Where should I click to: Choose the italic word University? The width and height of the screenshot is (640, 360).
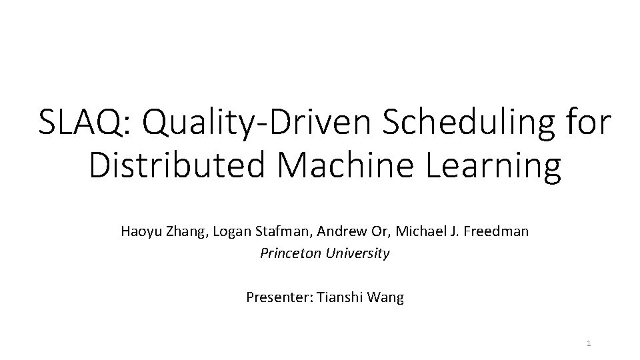pos(359,253)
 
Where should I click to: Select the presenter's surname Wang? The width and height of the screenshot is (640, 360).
pos(387,297)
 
